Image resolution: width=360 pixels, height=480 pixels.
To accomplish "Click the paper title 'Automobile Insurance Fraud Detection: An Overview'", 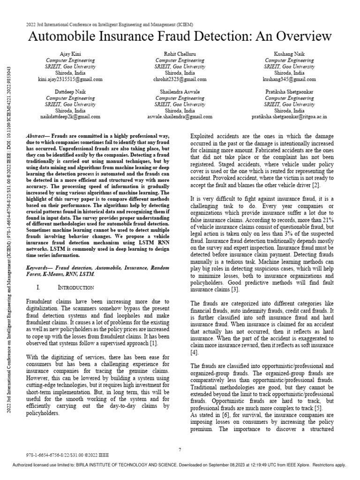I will coord(180,37).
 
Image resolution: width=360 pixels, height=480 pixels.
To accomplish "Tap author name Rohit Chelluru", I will coord(180,54).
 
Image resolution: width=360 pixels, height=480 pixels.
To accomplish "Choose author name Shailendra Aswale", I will coord(180,92).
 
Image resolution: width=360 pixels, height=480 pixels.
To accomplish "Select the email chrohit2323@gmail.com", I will coord(180,80).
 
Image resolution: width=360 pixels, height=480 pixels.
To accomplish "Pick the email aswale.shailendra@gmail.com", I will coord(180,117).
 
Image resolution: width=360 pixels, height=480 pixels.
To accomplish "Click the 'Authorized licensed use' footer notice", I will coord(180,465).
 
